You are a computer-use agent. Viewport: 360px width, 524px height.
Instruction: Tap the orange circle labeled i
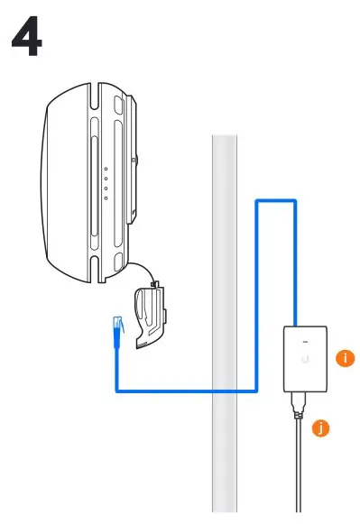(344, 358)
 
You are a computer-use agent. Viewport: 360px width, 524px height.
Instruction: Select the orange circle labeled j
(320, 428)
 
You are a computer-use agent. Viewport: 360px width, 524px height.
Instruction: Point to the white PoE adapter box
(304, 359)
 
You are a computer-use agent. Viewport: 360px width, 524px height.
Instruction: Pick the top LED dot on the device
(106, 169)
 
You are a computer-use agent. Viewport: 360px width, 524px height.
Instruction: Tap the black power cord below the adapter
(298, 469)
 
